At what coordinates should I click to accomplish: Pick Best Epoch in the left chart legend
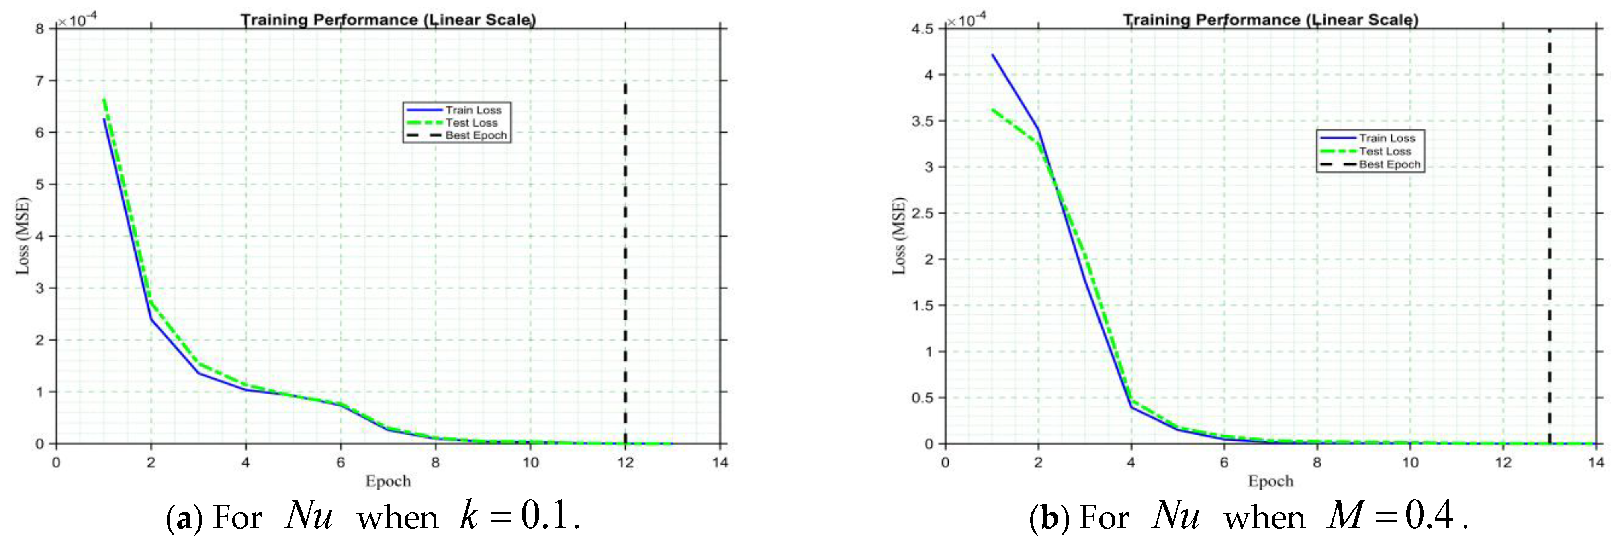(x=475, y=135)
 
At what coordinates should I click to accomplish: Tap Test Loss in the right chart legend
(x=1385, y=151)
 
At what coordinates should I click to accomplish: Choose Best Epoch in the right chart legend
(x=1389, y=164)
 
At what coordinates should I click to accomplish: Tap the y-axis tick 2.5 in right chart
(x=922, y=213)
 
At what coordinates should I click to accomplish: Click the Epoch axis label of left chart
(x=388, y=481)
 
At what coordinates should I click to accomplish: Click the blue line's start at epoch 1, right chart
(x=992, y=55)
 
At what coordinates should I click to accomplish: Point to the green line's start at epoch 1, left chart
(x=104, y=99)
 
